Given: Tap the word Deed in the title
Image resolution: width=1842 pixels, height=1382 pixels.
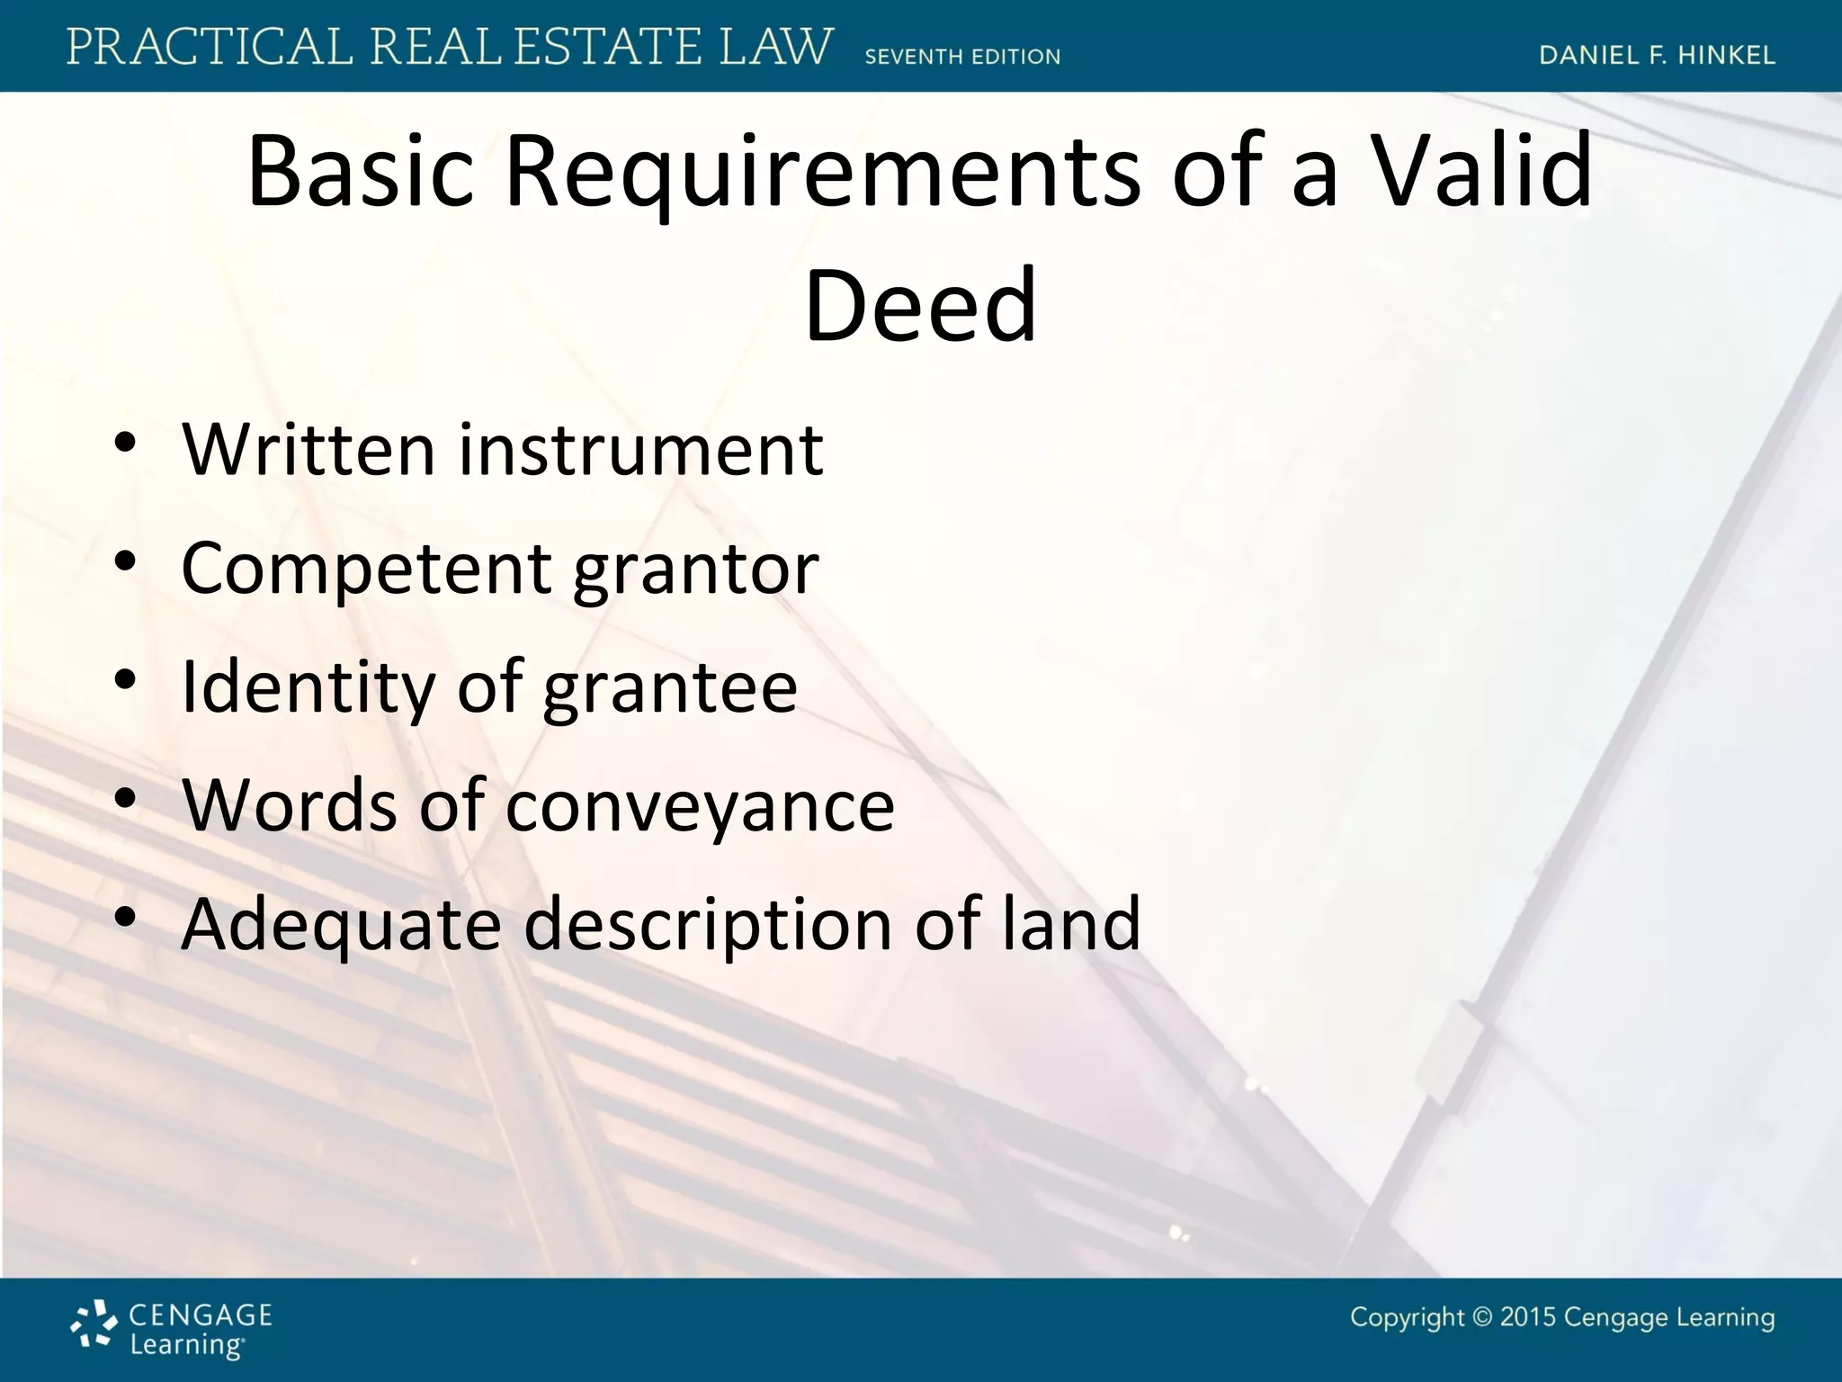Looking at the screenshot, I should pos(920,306).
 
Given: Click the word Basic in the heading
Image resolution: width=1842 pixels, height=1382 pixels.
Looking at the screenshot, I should pos(360,171).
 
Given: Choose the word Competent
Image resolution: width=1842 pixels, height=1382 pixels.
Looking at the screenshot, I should pos(366,570).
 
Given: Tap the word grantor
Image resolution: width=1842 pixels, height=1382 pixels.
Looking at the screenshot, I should pos(695,570).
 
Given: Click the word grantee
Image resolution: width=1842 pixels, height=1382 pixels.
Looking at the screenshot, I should pos(670,687).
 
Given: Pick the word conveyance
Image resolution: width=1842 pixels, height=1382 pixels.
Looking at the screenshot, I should pos(700,805).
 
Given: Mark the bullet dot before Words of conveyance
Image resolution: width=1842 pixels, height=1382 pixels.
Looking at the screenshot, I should pos(125,798).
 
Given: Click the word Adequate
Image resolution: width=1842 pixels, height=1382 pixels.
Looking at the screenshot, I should pos(341,924).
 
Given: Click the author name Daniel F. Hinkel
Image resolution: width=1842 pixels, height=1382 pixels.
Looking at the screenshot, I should pos(1657,56).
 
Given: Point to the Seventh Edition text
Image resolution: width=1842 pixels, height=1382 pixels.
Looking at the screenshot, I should pos(962,57).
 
